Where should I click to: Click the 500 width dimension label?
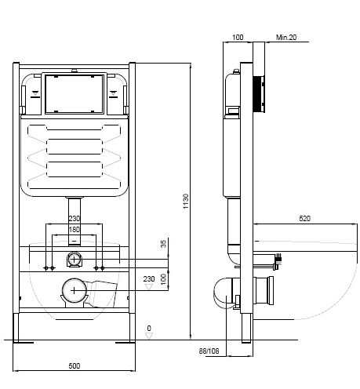[75, 365]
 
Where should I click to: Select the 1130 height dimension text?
[186, 202]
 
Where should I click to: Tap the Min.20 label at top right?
[286, 38]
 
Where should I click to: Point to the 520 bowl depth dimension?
[304, 219]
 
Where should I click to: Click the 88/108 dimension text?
[209, 351]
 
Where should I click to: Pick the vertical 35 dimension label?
[163, 244]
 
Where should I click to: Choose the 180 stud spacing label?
[74, 230]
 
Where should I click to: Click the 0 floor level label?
[149, 328]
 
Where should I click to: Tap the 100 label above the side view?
[238, 38]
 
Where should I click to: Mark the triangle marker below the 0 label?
[149, 336]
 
